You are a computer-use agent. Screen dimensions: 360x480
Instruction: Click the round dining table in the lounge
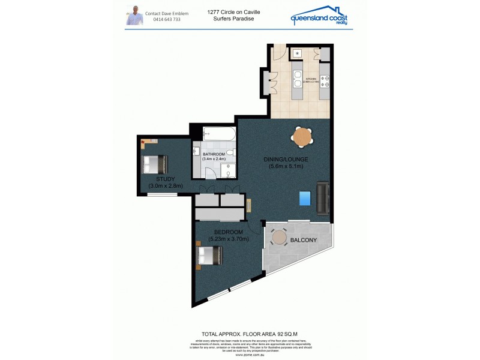(x=303, y=137)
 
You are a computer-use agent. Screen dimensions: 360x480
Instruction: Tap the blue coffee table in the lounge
(x=306, y=197)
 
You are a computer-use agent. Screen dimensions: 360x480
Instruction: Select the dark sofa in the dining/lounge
(x=323, y=199)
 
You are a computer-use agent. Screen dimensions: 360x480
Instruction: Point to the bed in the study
(x=155, y=163)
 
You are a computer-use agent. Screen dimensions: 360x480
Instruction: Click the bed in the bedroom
(x=209, y=256)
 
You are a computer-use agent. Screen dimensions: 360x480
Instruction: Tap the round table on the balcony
(x=278, y=238)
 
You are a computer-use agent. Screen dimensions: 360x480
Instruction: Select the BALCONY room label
(x=303, y=241)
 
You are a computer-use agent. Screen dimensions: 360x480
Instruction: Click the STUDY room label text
(x=165, y=179)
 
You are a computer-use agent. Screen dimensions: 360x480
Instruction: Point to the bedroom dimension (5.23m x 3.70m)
(x=229, y=239)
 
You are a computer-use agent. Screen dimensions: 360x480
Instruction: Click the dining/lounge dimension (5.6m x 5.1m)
(x=286, y=166)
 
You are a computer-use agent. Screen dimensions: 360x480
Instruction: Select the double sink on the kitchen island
(x=296, y=77)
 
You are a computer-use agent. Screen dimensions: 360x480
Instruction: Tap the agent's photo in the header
(x=134, y=15)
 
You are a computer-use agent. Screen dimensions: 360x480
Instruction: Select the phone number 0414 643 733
(x=167, y=19)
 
